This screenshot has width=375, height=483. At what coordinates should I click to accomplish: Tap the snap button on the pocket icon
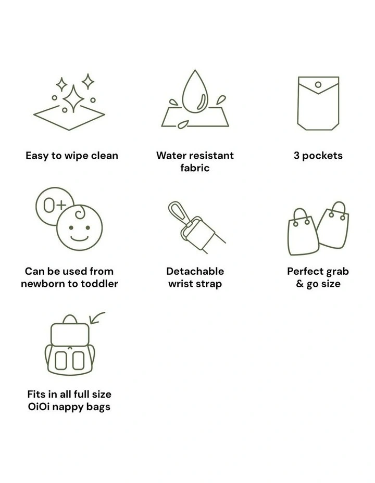coord(318,84)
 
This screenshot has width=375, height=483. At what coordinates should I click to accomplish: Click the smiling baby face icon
coord(80,227)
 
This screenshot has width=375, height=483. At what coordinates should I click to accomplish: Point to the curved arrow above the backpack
coord(96,317)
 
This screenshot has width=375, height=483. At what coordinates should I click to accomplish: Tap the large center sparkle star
coord(73,98)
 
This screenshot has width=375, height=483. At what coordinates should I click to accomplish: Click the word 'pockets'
coord(322,156)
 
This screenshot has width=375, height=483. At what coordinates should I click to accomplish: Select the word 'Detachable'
coord(195,271)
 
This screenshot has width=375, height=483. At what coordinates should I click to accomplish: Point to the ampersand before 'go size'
coord(300,283)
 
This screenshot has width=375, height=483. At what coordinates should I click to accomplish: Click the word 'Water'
coord(171,156)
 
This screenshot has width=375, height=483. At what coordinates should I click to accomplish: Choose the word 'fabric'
coord(195,168)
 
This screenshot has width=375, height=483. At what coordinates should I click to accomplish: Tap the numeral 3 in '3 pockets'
coord(296,156)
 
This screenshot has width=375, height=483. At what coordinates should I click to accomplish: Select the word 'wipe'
coord(77,156)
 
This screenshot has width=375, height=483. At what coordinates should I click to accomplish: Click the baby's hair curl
coord(80,212)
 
